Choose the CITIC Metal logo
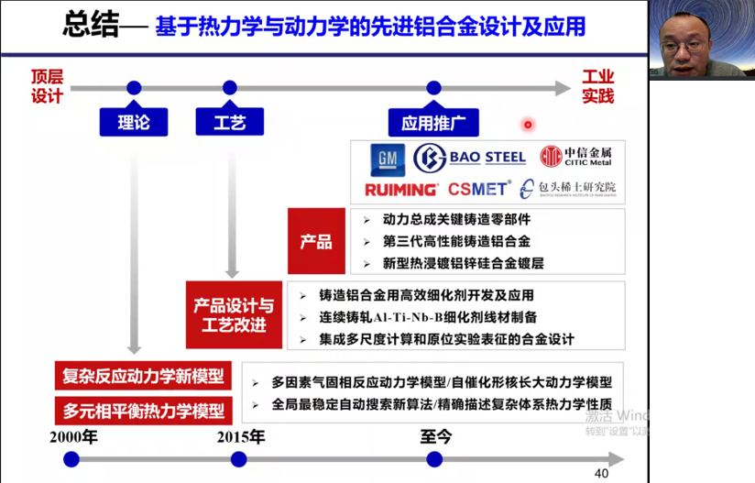[575, 158]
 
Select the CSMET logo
[478, 190]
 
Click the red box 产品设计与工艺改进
[233, 314]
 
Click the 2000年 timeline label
[73, 436]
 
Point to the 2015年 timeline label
[241, 436]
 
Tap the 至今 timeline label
[436, 436]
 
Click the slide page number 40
[601, 474]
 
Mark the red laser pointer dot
[528, 124]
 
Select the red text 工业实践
[598, 86]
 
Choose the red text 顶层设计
[47, 86]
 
